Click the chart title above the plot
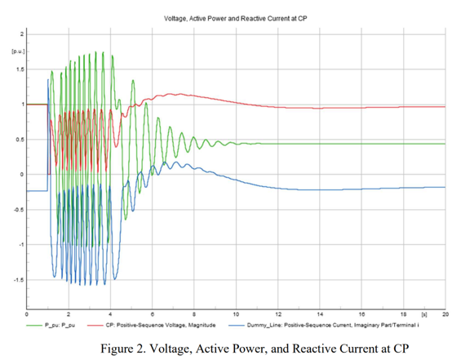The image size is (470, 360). [235, 19]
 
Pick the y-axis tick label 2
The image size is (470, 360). [22, 34]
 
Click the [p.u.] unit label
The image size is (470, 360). [18, 51]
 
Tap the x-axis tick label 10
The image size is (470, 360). [236, 314]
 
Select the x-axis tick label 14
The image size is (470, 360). [320, 314]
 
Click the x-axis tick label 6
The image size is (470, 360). [153, 314]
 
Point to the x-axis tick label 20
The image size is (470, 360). [446, 314]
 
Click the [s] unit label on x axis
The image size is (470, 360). [424, 314]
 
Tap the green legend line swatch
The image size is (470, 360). [34, 325]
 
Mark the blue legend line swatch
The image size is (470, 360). [236, 325]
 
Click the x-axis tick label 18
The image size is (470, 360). [403, 314]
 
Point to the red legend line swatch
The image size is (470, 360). [95, 325]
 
